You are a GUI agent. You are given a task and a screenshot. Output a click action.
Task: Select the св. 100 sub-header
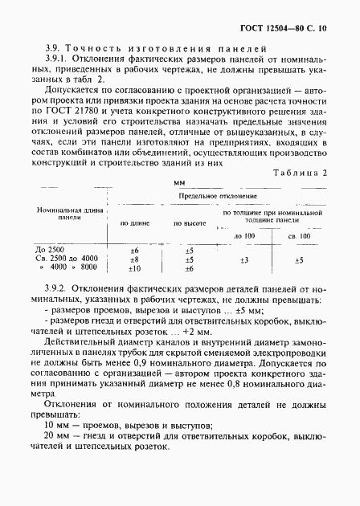tap(299, 237)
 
